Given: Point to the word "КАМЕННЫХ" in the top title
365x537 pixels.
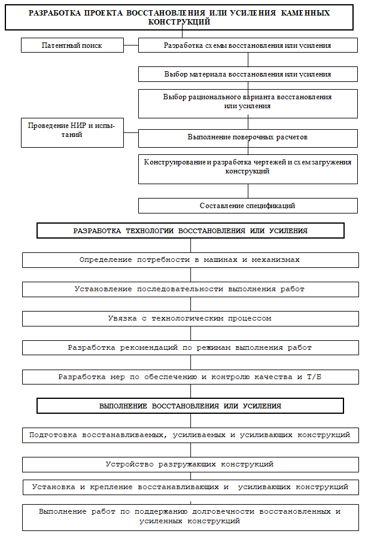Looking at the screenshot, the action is click(x=305, y=13).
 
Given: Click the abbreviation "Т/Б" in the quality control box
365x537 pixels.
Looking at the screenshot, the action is click(x=314, y=377).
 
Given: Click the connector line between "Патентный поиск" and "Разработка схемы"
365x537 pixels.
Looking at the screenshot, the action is click(x=131, y=45).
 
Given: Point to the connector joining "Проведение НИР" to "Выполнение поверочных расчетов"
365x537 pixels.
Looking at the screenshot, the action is click(x=131, y=132).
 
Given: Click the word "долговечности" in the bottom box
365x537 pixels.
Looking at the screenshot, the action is click(x=223, y=512).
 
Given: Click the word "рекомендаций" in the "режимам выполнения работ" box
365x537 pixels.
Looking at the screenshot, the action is click(x=149, y=347).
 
